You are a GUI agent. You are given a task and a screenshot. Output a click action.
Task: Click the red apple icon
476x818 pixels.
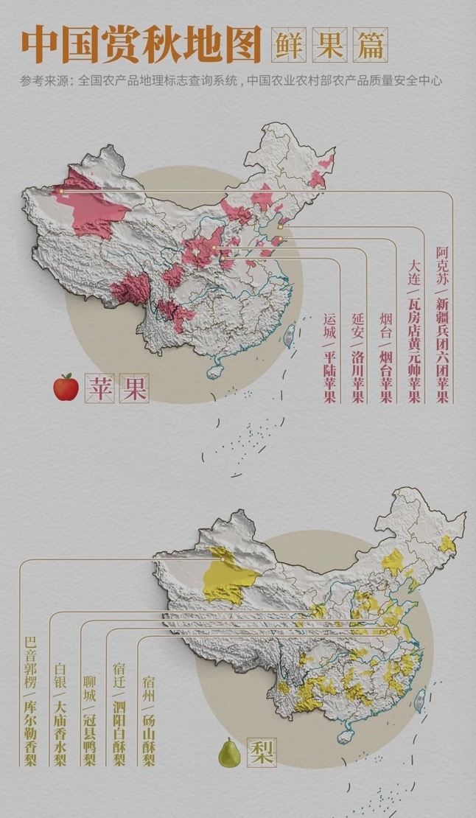coord(66,386)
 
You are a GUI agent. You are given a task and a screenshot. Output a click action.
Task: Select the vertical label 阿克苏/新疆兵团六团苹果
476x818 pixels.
coord(442,325)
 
